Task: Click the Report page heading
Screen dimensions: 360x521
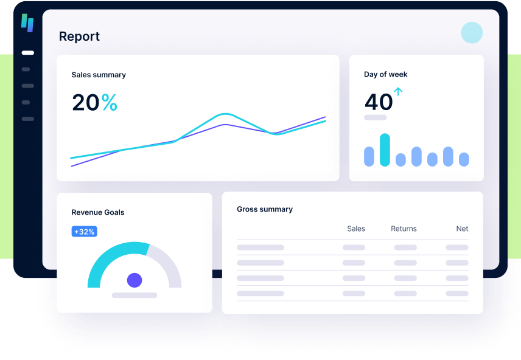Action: tap(79, 36)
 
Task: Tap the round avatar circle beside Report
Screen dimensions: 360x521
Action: tap(472, 33)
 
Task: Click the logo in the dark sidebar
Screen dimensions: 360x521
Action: tap(27, 22)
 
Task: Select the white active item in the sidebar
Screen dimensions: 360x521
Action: tap(27, 53)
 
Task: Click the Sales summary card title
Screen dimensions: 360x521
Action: tap(99, 75)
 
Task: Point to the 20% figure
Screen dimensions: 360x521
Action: tap(94, 102)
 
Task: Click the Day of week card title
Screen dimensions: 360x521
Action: tap(386, 74)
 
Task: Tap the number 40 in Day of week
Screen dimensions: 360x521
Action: tap(378, 102)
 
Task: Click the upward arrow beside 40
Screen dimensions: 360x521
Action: tap(399, 92)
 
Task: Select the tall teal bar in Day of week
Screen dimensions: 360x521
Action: tap(385, 150)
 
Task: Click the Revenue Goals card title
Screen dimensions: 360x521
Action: tap(98, 212)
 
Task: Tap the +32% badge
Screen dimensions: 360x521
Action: tap(84, 232)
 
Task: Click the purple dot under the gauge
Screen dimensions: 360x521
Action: tap(135, 280)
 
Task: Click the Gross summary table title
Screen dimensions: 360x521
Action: tap(265, 209)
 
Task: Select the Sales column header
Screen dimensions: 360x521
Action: tap(356, 229)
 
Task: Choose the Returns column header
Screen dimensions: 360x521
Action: tap(404, 229)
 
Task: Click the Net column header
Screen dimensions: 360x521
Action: tap(463, 229)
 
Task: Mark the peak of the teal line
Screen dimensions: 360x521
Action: tap(226, 114)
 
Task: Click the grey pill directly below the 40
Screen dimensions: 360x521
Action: tap(375, 117)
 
